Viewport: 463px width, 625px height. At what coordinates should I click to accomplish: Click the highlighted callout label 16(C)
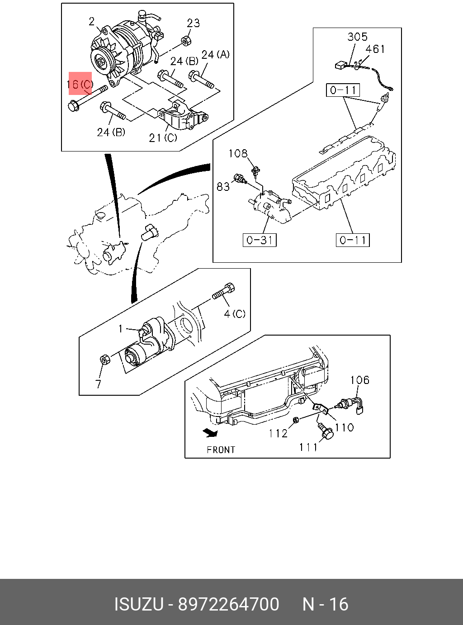[80, 84]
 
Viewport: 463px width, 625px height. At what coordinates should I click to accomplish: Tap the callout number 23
[194, 23]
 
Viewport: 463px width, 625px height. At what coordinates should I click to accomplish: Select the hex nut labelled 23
[186, 41]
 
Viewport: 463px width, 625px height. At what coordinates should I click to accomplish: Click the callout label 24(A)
[216, 54]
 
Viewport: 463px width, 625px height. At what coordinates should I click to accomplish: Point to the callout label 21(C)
[163, 137]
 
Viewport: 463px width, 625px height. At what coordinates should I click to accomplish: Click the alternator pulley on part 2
[101, 62]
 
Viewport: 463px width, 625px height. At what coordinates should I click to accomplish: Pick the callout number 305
[357, 37]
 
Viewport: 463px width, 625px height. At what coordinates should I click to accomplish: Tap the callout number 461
[375, 49]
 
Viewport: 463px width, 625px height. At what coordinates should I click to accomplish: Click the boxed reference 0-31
[260, 240]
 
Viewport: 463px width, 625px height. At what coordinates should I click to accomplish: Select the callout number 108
[238, 154]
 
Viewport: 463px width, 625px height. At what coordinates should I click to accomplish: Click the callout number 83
[223, 186]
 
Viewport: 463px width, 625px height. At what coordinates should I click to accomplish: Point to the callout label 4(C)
[235, 313]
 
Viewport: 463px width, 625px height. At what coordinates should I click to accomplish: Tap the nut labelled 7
[104, 360]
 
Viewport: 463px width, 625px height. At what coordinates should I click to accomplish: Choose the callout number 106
[359, 380]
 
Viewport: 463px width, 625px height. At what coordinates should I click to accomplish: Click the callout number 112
[278, 433]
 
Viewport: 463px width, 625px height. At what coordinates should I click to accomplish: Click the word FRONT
[221, 450]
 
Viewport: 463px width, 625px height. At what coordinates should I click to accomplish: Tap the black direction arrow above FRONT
[211, 432]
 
